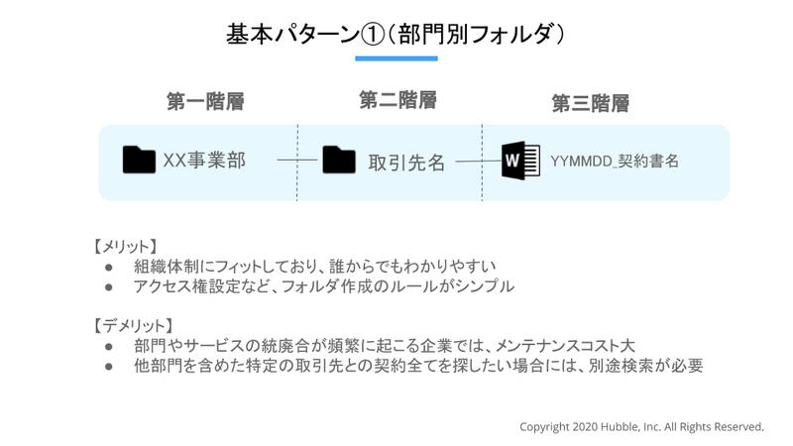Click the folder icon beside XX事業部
click(139, 160)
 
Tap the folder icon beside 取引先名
click(339, 160)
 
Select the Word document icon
click(520, 161)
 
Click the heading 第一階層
click(205, 102)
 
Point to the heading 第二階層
click(398, 100)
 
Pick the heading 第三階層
click(590, 104)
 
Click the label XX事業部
click(204, 161)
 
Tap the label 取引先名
click(406, 163)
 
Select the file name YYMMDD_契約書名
click(615, 161)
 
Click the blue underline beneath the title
click(396, 58)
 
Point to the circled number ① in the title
click(373, 35)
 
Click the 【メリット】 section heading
click(126, 247)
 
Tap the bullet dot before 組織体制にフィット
click(109, 267)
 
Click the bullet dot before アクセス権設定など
click(109, 287)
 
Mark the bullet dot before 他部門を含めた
click(109, 366)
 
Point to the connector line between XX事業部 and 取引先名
click(296, 160)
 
